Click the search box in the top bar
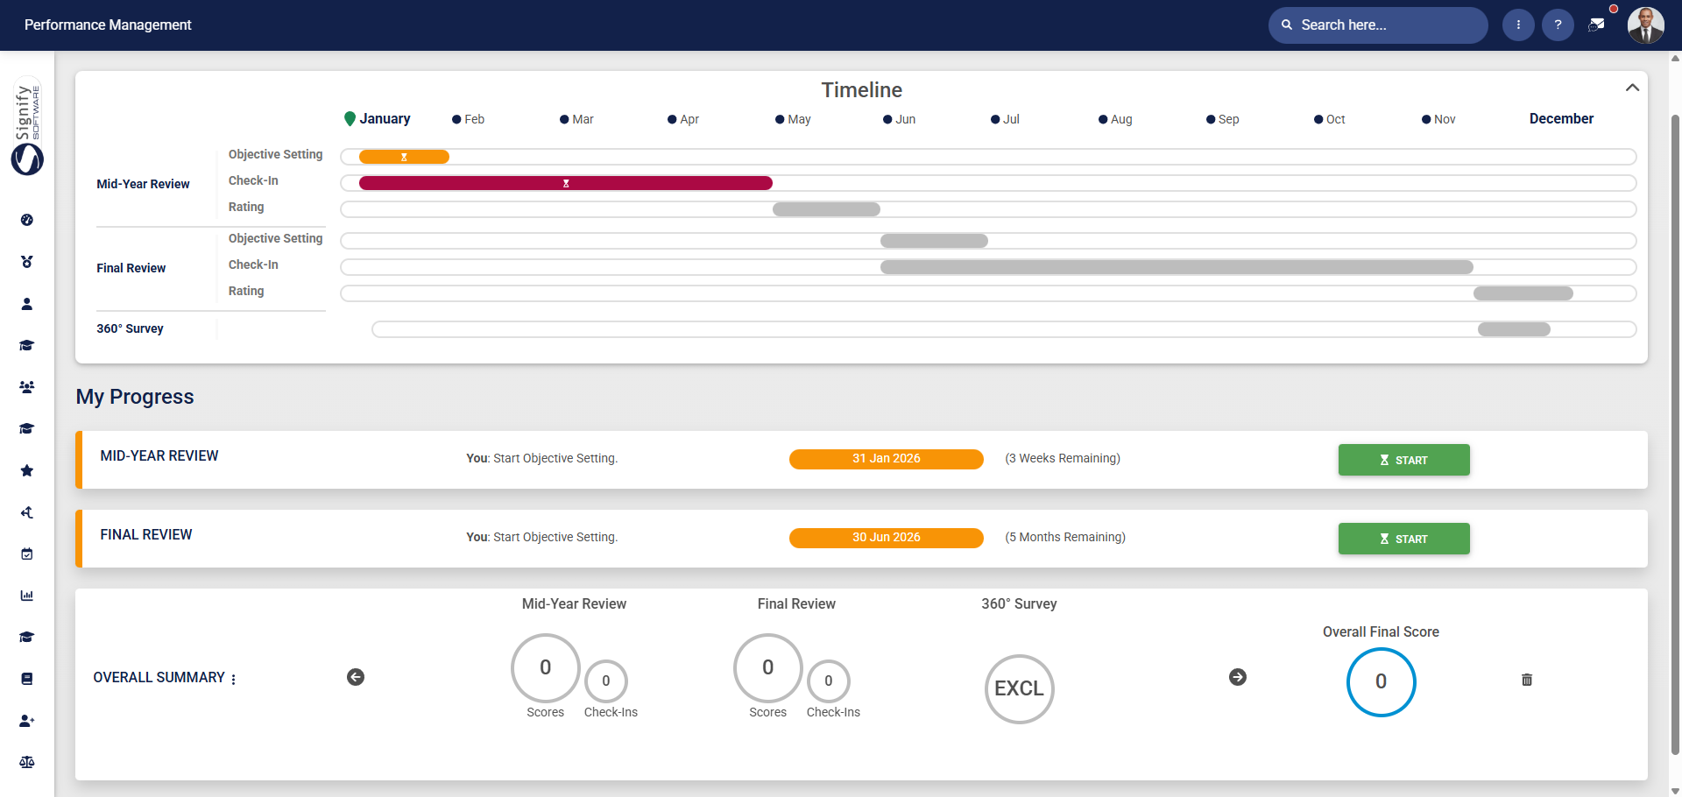click(1377, 25)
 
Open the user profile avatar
click(1645, 25)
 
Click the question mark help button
click(1558, 25)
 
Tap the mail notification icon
click(1596, 25)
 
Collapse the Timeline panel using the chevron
click(1632, 88)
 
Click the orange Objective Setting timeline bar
click(404, 157)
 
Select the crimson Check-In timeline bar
click(565, 183)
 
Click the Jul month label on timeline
click(1011, 119)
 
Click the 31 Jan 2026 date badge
click(886, 459)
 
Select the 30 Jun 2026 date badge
click(886, 538)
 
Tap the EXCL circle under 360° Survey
click(1019, 688)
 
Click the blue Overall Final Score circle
click(1381, 681)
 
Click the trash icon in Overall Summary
click(1527, 680)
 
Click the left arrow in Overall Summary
click(356, 677)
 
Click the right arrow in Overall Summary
click(1238, 677)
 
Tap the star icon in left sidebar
click(27, 471)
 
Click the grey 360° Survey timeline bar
click(1514, 329)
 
